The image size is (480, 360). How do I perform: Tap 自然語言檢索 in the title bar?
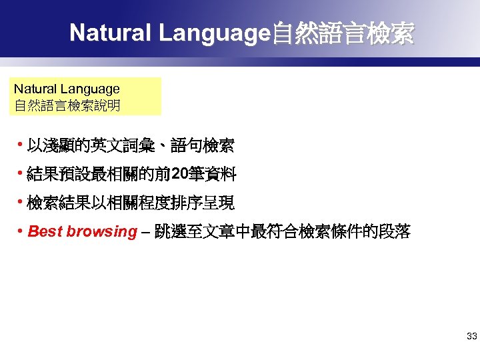341,33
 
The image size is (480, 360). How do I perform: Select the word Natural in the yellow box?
35,89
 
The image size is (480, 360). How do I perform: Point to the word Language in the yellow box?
89,89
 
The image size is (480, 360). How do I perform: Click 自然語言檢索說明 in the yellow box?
67,105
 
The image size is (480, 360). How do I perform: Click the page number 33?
471,337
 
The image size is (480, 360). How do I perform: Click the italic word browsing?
101,232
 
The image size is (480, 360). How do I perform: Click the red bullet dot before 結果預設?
21,174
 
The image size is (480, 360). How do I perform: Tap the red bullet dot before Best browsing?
21,231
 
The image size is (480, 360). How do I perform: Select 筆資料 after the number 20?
212,175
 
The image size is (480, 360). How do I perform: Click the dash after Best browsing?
145,233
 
